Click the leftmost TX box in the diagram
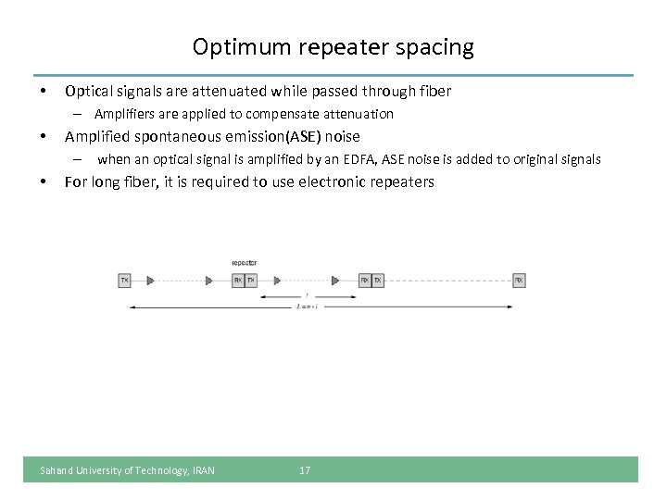124,279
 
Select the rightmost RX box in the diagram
519,279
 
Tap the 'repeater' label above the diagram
245,262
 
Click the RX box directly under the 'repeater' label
238,279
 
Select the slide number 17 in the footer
305,470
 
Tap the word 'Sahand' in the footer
56,470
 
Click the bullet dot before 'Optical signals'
41,92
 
